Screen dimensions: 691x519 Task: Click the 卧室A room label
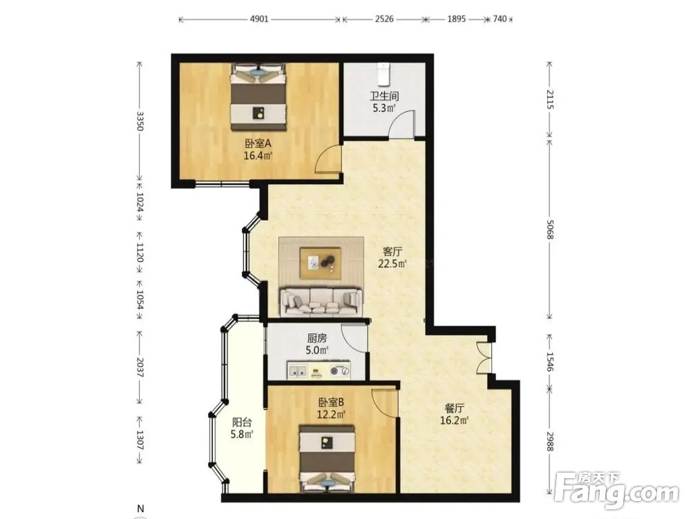(x=258, y=143)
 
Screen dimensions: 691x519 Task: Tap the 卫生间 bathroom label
(x=384, y=95)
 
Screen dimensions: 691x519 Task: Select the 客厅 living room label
(x=392, y=252)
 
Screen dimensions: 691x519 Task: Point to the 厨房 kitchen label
(x=317, y=338)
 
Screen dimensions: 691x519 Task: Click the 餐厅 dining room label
(x=454, y=408)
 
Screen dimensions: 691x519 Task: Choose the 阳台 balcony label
(x=242, y=422)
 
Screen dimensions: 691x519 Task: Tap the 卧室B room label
(x=331, y=403)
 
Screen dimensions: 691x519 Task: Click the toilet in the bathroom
(x=384, y=74)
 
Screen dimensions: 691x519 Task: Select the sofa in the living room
(x=321, y=301)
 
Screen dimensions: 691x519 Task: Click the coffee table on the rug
(x=321, y=263)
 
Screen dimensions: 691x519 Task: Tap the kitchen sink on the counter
(x=297, y=371)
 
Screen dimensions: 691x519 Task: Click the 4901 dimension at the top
(x=259, y=19)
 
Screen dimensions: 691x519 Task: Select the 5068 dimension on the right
(x=550, y=230)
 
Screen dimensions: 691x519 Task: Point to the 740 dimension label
(x=500, y=19)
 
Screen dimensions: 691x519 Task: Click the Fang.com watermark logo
(x=616, y=489)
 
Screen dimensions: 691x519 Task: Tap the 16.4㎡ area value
(x=258, y=155)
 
